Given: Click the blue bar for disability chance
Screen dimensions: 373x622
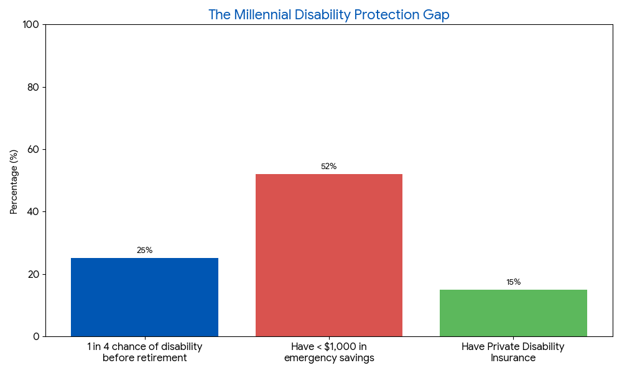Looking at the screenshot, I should click(144, 297).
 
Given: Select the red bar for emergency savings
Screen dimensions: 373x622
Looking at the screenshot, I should click(328, 255).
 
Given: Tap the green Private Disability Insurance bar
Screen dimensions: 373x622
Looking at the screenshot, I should click(513, 313).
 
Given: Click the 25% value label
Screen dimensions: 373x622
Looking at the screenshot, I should click(144, 251).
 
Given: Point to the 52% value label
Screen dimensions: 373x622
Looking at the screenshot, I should click(328, 167).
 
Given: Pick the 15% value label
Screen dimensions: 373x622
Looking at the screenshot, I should click(513, 282).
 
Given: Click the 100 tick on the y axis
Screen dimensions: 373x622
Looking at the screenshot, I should click(30, 25).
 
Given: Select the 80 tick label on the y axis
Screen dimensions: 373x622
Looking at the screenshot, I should click(33, 87).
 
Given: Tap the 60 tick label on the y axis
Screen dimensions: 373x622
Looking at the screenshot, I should click(33, 149).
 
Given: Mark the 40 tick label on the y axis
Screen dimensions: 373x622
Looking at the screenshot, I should click(33, 212).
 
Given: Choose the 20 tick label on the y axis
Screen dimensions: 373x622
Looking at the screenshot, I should click(33, 274).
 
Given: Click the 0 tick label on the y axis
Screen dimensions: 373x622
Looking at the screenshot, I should click(36, 336).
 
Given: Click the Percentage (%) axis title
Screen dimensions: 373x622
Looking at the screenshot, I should click(14, 182).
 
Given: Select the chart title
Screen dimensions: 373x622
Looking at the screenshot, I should click(328, 15).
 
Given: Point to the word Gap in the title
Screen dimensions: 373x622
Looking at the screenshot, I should click(436, 15).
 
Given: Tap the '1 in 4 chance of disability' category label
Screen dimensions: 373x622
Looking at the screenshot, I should click(144, 347).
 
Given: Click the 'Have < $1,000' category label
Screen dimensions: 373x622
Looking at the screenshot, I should click(328, 347).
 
